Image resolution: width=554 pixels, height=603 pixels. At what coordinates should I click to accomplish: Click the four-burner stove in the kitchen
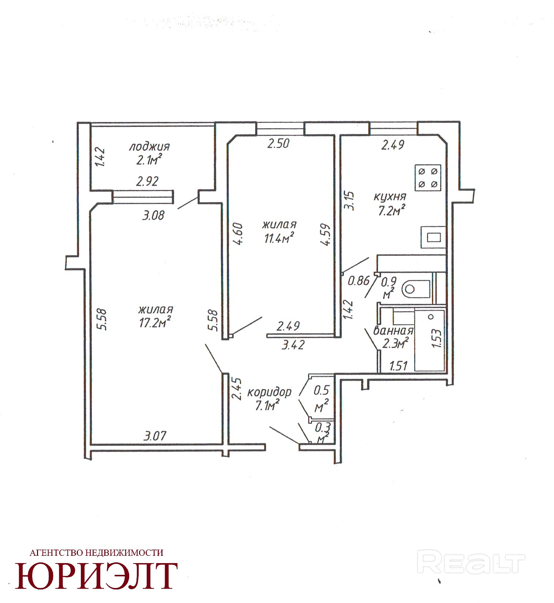[x=428, y=177]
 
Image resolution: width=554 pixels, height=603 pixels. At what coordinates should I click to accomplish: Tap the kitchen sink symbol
[x=433, y=237]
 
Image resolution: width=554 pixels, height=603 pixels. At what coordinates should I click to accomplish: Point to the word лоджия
[x=149, y=147]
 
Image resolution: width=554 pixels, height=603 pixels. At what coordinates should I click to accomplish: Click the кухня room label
[x=390, y=197]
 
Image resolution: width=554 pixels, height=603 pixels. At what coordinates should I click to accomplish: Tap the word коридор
[x=270, y=393]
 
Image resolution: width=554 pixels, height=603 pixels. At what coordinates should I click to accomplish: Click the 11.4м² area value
[x=280, y=238]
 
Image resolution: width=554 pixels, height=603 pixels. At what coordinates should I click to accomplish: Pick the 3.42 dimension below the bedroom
[x=293, y=345]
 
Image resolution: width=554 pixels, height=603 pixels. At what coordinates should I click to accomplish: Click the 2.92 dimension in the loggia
[x=147, y=181]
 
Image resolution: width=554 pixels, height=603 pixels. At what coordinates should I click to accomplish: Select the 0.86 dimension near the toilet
[x=359, y=281]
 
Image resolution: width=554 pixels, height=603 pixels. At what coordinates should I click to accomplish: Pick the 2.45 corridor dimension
[x=237, y=389]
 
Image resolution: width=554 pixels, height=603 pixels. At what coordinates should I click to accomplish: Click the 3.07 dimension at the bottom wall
[x=155, y=436]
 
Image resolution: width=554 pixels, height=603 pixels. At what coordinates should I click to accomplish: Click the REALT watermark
[x=471, y=563]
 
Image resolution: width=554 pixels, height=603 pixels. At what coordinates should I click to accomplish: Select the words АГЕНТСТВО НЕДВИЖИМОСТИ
[x=96, y=553]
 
